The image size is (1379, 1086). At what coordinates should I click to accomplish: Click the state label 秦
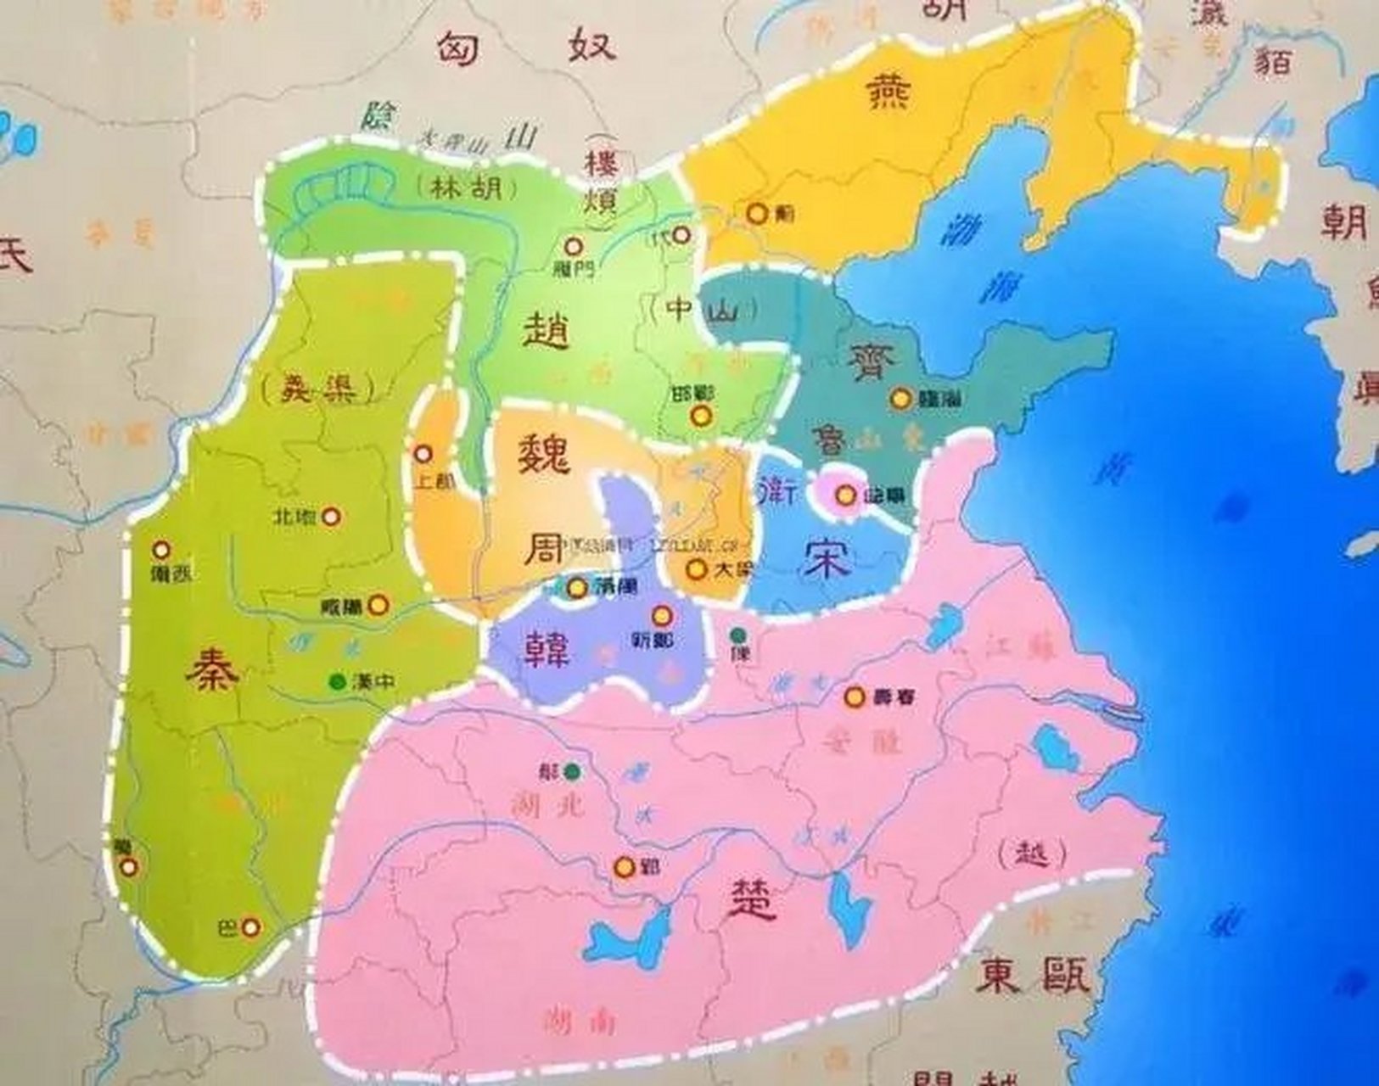[213, 667]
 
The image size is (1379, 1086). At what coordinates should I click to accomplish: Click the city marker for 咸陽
[379, 605]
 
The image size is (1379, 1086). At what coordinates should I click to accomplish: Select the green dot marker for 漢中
[338, 680]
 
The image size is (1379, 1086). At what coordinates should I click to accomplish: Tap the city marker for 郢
[625, 867]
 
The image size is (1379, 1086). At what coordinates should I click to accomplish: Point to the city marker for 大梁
[697, 569]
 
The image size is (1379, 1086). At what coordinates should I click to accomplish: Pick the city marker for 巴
[250, 927]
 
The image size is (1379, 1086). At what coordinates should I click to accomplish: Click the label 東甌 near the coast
[1032, 977]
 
